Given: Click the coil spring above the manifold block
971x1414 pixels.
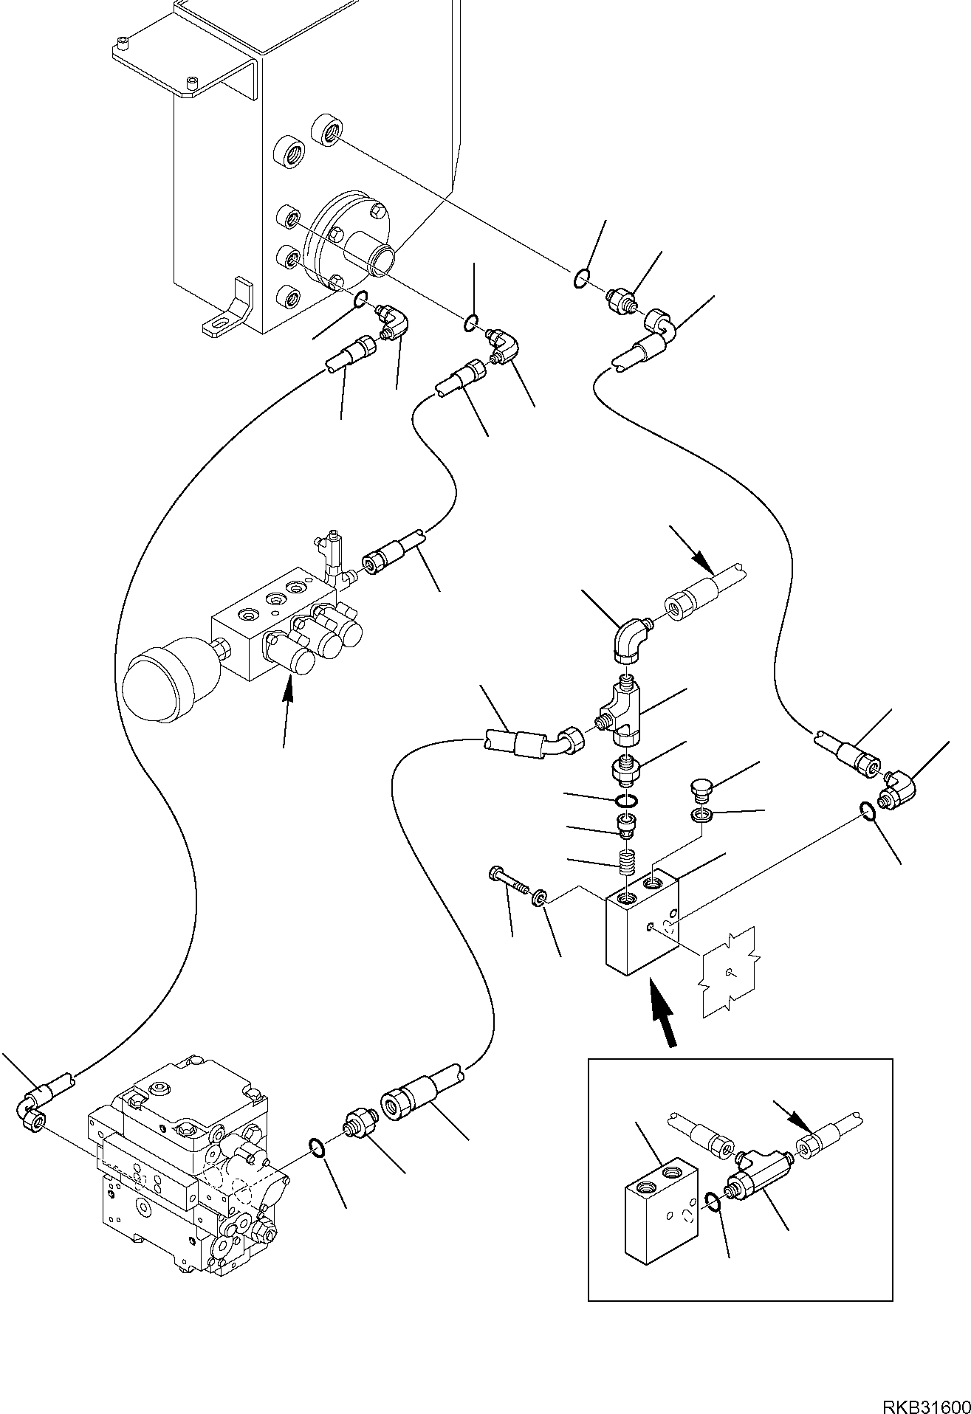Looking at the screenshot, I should click(628, 861).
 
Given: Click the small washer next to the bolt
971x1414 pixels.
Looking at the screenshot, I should click(541, 897).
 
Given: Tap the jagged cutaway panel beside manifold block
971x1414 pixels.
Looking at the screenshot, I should click(730, 971).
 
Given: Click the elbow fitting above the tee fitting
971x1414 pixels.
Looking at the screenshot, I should click(630, 638).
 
